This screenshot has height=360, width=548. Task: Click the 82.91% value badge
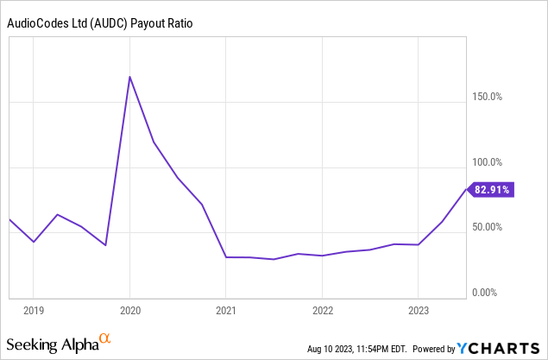pyautogui.click(x=492, y=189)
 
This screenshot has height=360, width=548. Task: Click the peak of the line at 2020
pyautogui.click(x=129, y=77)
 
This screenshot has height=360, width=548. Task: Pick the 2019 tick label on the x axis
pyautogui.click(x=33, y=310)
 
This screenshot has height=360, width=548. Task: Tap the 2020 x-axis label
pyautogui.click(x=129, y=310)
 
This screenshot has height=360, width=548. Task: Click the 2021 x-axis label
pyautogui.click(x=225, y=310)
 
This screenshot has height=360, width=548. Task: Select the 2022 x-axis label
pyautogui.click(x=322, y=310)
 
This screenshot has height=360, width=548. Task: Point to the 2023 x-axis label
pyautogui.click(x=418, y=310)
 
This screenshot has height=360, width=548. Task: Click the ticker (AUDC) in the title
pyautogui.click(x=110, y=25)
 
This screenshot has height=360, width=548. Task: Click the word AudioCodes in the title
pyautogui.click(x=36, y=25)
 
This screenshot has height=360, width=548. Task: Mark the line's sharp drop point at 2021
pyautogui.click(x=225, y=257)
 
